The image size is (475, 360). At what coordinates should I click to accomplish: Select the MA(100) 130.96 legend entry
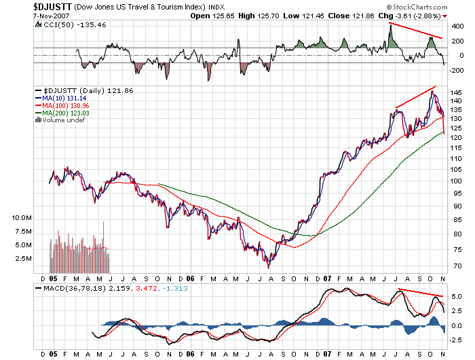(x=66, y=105)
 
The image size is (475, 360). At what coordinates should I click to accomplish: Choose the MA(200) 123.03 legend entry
(x=66, y=113)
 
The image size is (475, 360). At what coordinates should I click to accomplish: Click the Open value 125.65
(x=231, y=15)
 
